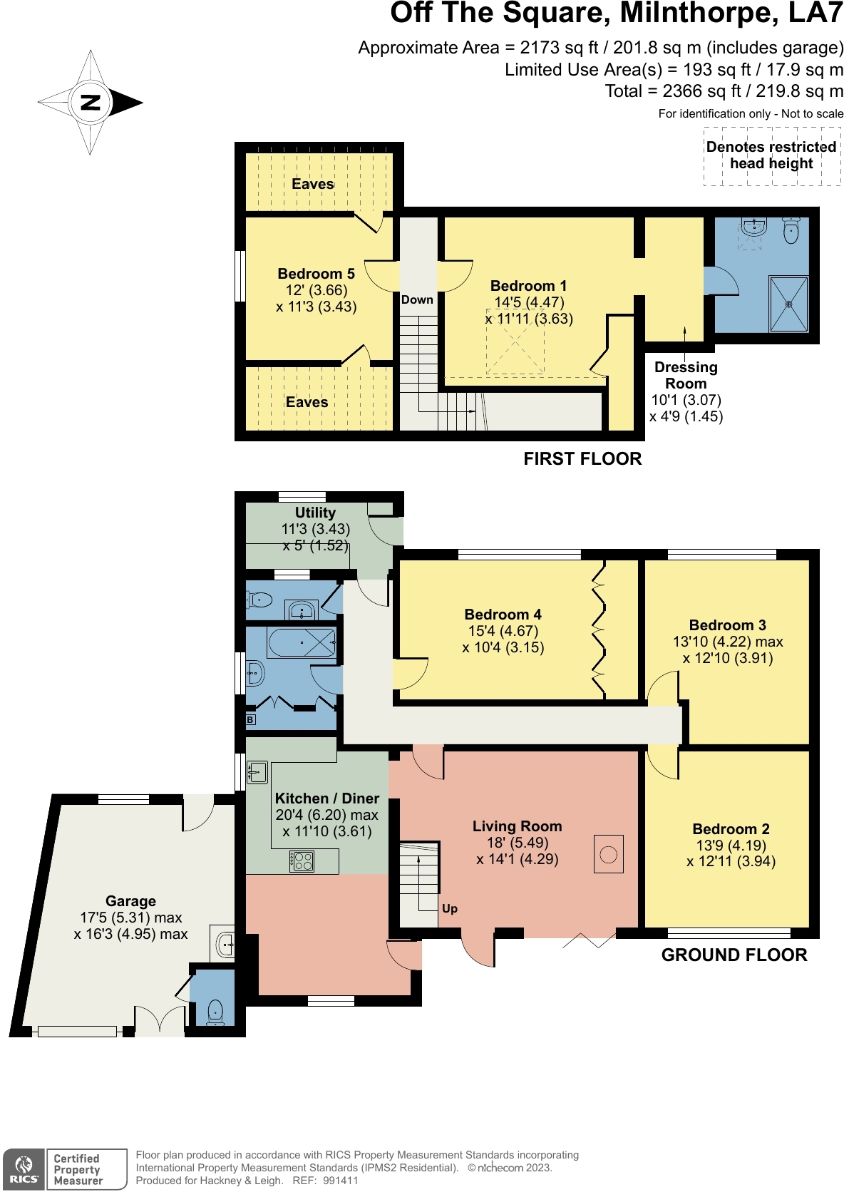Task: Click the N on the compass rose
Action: pyautogui.click(x=91, y=102)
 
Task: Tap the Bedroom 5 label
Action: pyautogui.click(x=316, y=274)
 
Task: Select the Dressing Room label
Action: pyautogui.click(x=686, y=375)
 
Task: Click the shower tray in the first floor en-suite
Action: pyautogui.click(x=789, y=304)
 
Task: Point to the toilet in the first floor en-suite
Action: pyautogui.click(x=791, y=230)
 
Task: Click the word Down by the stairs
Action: pyautogui.click(x=417, y=299)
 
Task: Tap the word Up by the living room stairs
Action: pyautogui.click(x=450, y=908)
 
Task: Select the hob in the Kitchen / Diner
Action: pyautogui.click(x=302, y=860)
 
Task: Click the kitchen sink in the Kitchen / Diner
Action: pyautogui.click(x=257, y=771)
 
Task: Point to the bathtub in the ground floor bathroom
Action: pyautogui.click(x=302, y=643)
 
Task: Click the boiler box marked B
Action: pyautogui.click(x=250, y=719)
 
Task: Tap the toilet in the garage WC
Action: pyautogui.click(x=215, y=1011)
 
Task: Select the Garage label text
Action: pyautogui.click(x=130, y=901)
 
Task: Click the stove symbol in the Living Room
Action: pyautogui.click(x=608, y=854)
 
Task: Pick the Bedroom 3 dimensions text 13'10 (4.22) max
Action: pyautogui.click(x=728, y=641)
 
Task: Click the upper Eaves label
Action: pyautogui.click(x=313, y=184)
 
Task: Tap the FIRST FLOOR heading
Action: pyautogui.click(x=582, y=458)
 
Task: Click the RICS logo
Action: pyautogui.click(x=24, y=1170)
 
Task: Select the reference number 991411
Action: pyautogui.click(x=341, y=1181)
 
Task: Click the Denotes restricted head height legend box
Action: pyautogui.click(x=773, y=156)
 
